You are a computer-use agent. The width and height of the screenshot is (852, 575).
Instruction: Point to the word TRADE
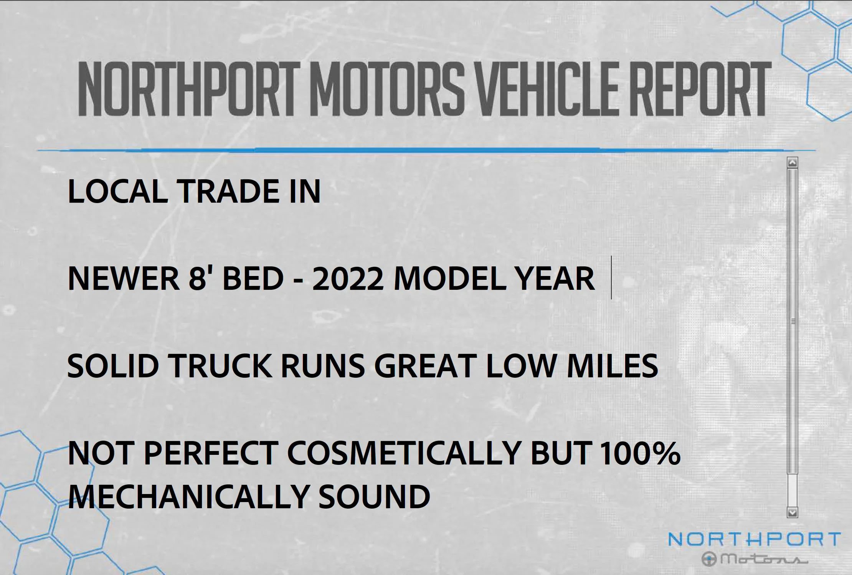229,191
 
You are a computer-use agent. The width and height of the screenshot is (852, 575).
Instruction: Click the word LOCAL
117,191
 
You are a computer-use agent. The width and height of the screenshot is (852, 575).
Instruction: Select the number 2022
348,278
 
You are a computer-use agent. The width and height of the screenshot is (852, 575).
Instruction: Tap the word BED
253,278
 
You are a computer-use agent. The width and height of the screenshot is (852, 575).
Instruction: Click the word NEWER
123,278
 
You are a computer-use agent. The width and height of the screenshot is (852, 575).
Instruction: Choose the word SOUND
374,496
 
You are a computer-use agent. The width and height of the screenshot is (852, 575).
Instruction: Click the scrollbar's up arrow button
793,163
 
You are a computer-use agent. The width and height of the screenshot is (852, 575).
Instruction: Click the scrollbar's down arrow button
793,512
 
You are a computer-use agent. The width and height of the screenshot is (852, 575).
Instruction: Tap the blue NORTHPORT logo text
754,540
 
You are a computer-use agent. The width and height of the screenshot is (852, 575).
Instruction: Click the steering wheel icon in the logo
709,559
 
